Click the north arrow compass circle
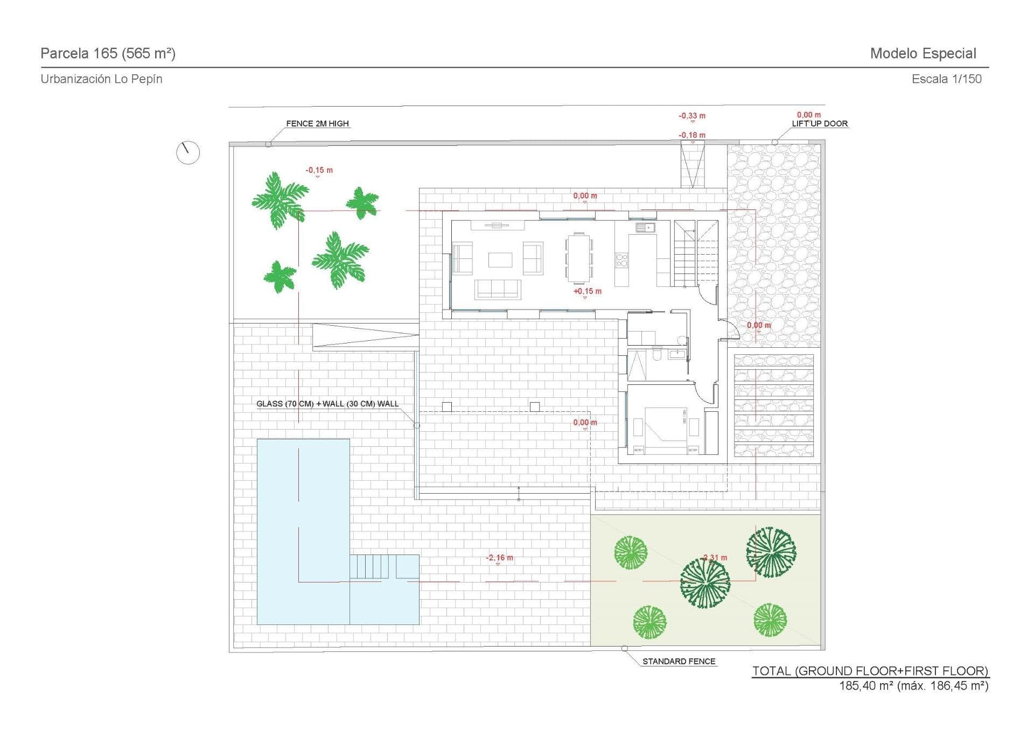point(188,153)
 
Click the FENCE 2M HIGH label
point(317,123)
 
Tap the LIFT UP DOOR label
point(819,123)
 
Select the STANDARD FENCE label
point(679,661)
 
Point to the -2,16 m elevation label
point(499,558)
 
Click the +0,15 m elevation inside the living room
point(587,291)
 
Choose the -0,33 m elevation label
point(691,116)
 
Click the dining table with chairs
point(578,258)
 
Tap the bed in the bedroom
point(666,429)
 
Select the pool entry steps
point(369,567)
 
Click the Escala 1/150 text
point(946,79)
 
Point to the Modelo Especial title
point(923,53)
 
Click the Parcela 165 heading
point(108,53)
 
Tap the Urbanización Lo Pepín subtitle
point(101,79)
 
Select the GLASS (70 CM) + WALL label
point(327,404)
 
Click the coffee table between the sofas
point(500,260)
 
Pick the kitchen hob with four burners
point(621,261)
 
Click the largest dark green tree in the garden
point(704,583)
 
